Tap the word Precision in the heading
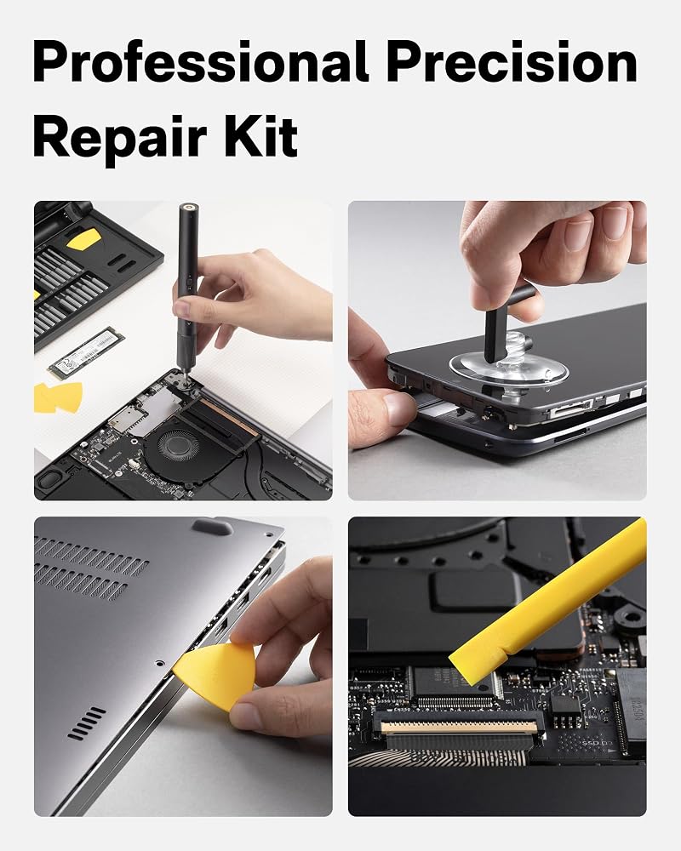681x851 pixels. click(512, 61)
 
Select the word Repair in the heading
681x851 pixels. click(120, 138)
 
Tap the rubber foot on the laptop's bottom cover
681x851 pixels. click(213, 527)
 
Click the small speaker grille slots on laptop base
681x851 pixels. click(87, 723)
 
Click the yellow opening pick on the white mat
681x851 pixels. click(58, 397)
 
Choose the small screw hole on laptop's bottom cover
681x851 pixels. click(158, 663)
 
